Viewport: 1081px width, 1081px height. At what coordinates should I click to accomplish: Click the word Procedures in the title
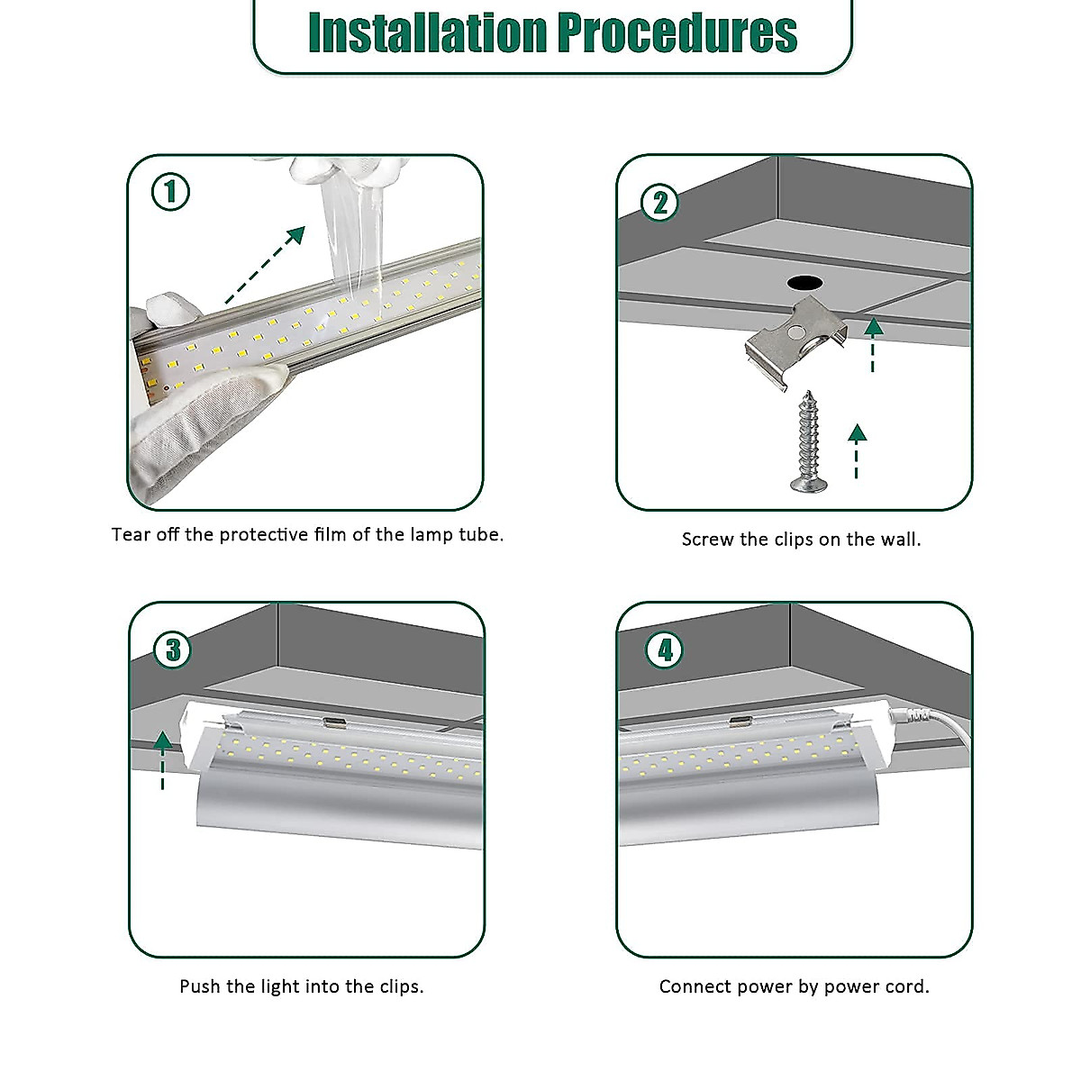[x=677, y=33]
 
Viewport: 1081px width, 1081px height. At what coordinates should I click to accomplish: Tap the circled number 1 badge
[x=170, y=192]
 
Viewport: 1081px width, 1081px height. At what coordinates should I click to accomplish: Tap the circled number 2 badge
[x=659, y=203]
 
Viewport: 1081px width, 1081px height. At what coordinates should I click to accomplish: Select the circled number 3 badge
[x=173, y=650]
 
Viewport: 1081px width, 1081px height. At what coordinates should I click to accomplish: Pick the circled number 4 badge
[x=665, y=650]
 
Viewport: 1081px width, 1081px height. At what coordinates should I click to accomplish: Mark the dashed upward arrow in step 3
[x=162, y=760]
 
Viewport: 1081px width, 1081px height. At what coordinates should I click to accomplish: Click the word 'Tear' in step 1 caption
[x=131, y=534]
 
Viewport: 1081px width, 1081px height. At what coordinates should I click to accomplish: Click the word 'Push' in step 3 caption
[x=200, y=986]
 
